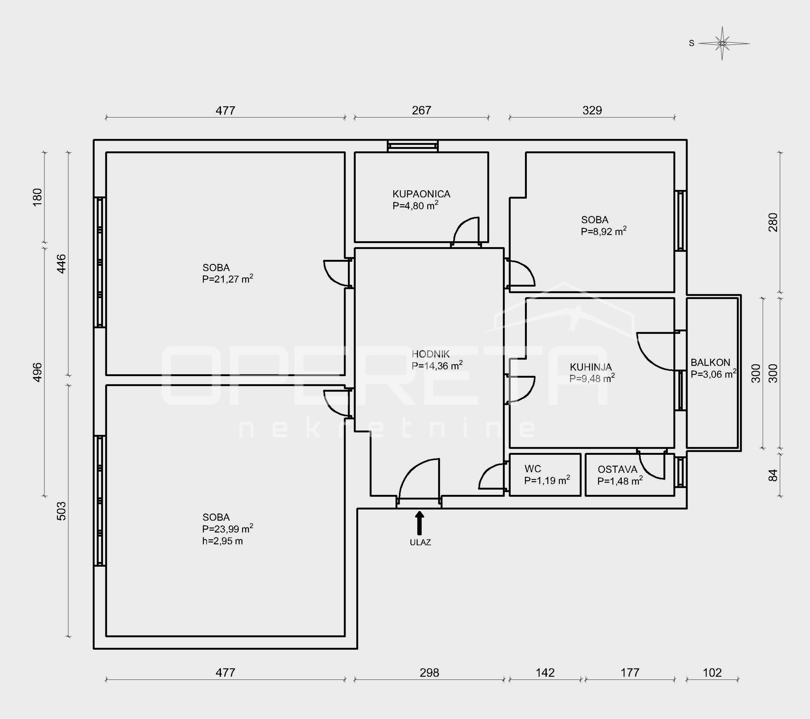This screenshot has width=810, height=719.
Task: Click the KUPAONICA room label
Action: coord(421,194)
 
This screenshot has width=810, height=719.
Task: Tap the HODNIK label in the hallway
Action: coord(431,354)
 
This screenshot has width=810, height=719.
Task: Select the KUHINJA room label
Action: coord(591,367)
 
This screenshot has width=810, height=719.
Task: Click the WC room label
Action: coord(533,469)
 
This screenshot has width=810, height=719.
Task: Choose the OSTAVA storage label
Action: coord(617,469)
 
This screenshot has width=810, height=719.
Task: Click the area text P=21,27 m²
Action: coord(227,279)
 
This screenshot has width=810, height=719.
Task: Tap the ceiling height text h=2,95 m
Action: coord(222,541)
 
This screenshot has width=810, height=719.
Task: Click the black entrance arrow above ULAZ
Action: coord(419,523)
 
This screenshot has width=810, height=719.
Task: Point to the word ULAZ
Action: coord(420,542)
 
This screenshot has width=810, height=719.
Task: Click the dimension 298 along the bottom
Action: coord(429,673)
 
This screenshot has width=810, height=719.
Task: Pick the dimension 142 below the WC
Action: coord(545,673)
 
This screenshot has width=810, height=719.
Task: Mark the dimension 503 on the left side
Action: coord(61,511)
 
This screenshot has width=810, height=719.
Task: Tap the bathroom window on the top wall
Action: coord(413,146)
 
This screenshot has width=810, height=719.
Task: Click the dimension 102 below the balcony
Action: coord(712,673)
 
